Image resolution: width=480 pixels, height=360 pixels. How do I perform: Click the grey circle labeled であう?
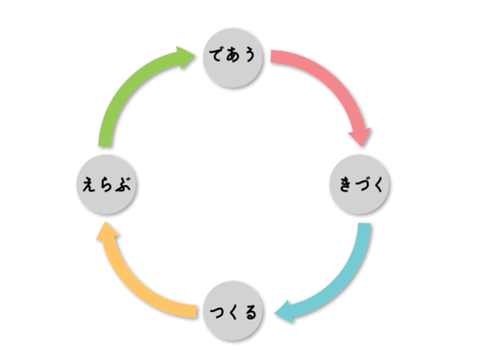(233, 58)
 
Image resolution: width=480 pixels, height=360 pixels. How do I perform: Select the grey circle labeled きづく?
(360, 184)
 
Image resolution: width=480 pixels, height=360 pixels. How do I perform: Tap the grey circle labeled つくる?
(233, 311)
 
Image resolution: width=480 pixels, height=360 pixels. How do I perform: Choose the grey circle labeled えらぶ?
(107, 184)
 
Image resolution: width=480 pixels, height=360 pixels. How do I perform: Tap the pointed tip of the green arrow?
(195, 57)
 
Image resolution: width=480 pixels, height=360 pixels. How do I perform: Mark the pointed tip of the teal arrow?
(275, 313)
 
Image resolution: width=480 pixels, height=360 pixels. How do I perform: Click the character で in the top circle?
(217, 55)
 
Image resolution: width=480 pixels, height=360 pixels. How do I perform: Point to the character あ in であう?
(232, 55)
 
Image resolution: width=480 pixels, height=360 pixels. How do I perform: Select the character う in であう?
(249, 55)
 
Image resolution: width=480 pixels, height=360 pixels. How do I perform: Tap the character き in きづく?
(346, 184)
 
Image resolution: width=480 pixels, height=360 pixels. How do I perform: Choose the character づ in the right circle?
(361, 184)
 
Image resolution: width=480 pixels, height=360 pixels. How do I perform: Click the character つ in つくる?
(218, 312)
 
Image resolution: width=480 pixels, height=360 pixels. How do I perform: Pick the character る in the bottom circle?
(251, 312)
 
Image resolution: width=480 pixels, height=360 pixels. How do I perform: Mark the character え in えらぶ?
(89, 184)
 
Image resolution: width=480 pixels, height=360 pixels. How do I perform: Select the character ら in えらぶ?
(106, 184)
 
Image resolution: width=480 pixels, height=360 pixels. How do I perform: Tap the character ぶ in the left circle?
(123, 184)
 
